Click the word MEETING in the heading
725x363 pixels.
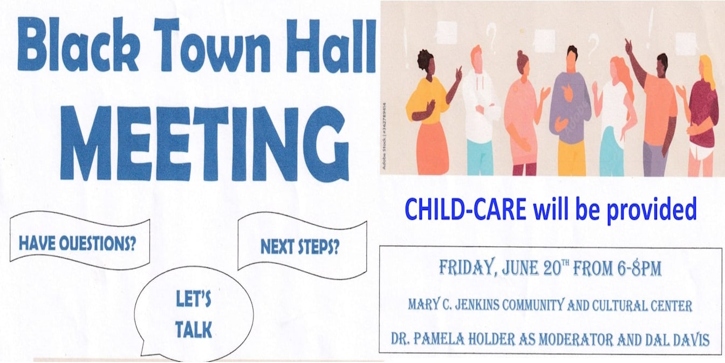[x=204, y=143]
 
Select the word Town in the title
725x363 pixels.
[x=211, y=45]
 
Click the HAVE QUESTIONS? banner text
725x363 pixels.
[x=77, y=243]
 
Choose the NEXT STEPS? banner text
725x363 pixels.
[x=300, y=247]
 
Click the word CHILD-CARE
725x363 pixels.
[x=466, y=210]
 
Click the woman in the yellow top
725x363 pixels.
[x=427, y=113]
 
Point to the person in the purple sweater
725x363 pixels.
[x=571, y=110]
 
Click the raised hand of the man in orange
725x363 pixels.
[x=629, y=47]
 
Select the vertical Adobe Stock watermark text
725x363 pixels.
[x=384, y=136]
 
